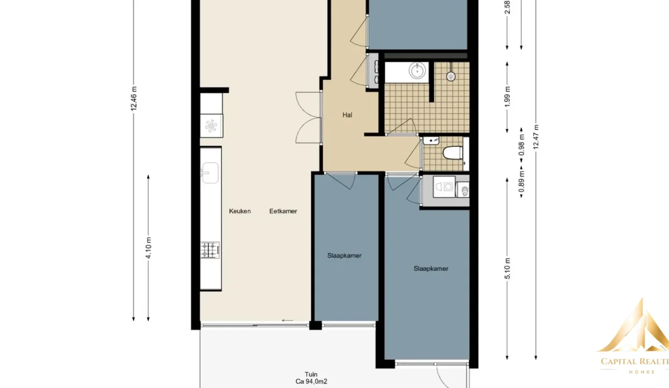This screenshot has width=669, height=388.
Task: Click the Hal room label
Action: click(347, 115)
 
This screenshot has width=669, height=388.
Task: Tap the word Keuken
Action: click(240, 211)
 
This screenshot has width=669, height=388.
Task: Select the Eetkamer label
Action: click(283, 211)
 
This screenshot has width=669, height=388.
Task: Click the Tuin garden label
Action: click(311, 375)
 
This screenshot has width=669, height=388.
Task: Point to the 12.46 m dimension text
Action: click(134, 99)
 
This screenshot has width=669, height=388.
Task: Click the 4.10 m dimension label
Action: click(148, 247)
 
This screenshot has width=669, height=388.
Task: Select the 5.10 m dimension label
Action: click(508, 268)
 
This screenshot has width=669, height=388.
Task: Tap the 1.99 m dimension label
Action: click(508, 96)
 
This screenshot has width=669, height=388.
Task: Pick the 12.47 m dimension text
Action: click(536, 137)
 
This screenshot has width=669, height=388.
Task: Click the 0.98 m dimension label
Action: click(522, 145)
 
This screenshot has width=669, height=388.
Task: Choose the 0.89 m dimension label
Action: click(522, 182)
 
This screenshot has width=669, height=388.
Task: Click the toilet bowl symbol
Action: click(453, 153)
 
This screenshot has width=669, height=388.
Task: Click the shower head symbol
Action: click(451, 77)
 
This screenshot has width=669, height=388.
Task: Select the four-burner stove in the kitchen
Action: click(210, 250)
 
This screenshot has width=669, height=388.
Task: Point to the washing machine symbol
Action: click(445, 186)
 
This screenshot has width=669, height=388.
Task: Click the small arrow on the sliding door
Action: click(288, 321)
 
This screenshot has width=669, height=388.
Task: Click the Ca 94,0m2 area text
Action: click(311, 382)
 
